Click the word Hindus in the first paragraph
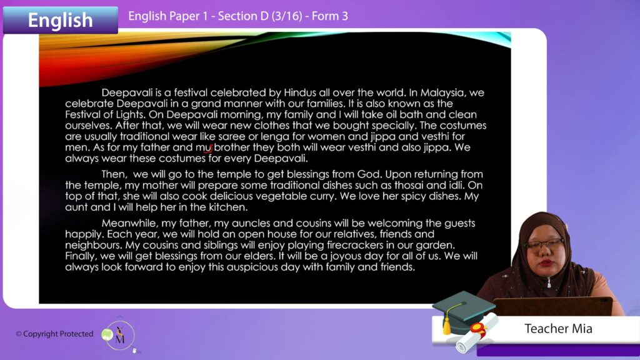[x=300, y=92]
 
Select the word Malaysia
[x=443, y=93]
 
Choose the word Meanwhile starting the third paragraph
[x=130, y=223]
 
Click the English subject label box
[x=61, y=19]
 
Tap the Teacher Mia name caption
[x=558, y=329]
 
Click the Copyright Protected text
[x=55, y=334]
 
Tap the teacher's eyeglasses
[x=544, y=244]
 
